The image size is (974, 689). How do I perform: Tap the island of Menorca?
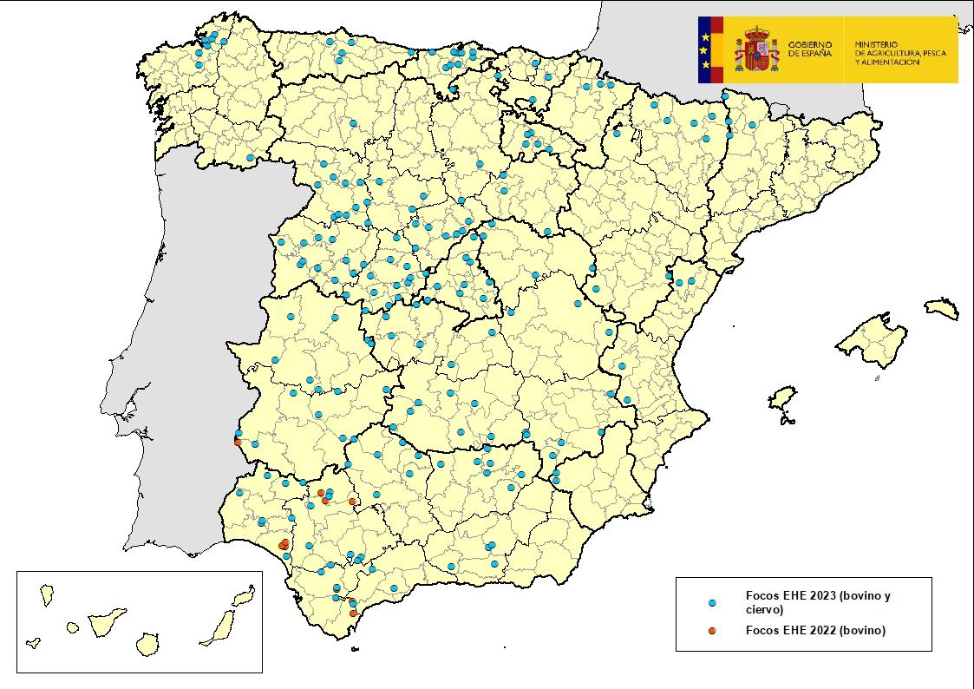click(941, 308)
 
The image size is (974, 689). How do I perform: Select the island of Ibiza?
click(784, 401)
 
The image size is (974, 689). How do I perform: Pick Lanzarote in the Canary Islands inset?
click(244, 596)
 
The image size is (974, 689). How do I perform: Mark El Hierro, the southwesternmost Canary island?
click(34, 643)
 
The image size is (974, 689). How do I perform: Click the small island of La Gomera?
click(73, 626)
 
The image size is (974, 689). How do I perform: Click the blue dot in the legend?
click(712, 602)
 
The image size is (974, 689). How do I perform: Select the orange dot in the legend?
click(712, 631)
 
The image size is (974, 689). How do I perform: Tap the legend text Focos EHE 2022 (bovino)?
click(815, 631)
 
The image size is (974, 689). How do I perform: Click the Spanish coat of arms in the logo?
click(756, 49)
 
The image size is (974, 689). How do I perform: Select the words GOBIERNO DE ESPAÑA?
click(810, 49)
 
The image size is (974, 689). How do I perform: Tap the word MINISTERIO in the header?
click(876, 43)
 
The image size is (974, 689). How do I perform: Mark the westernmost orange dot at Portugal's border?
click(238, 442)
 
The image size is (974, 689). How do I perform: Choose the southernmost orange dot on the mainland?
click(353, 614)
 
